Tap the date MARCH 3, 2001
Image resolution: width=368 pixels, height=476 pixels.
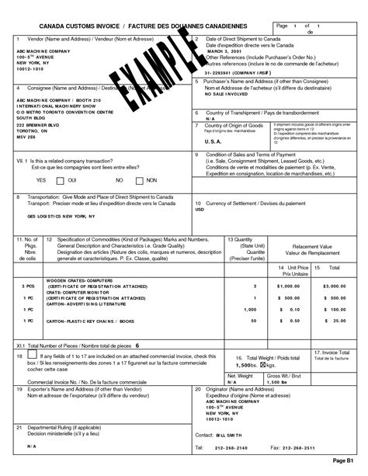coord(221,53)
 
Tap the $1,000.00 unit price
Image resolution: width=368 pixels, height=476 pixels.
coord(287,287)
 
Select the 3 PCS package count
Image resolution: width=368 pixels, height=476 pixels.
coord(30,287)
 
